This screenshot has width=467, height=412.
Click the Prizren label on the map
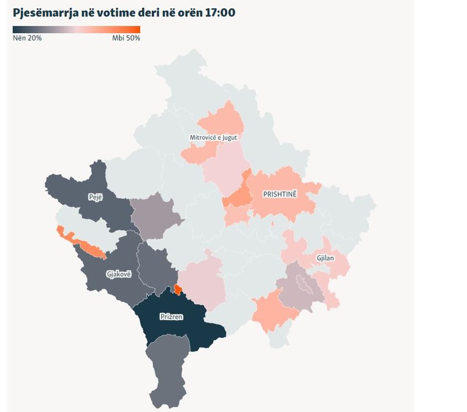(x=171, y=317)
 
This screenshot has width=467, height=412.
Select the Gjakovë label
(x=118, y=273)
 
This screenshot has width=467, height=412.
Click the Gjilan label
(x=325, y=258)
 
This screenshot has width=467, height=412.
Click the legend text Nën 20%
(x=27, y=38)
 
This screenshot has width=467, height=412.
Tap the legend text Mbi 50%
(x=126, y=38)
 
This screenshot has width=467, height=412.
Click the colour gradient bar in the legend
(x=76, y=30)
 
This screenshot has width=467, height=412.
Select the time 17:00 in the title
(x=221, y=12)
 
